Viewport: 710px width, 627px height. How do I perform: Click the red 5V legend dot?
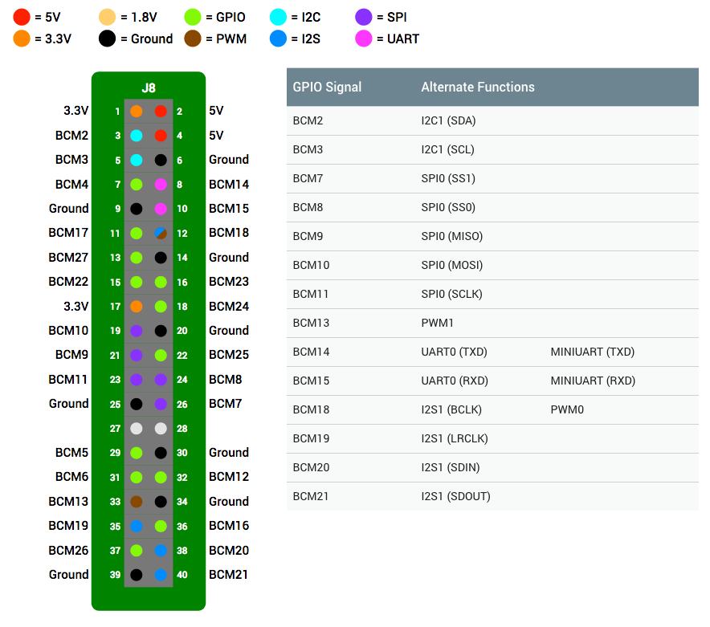pos(21,17)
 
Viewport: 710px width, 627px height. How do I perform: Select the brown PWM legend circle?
pos(193,39)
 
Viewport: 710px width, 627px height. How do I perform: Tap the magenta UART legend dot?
pos(364,39)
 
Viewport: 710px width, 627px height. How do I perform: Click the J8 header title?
pos(149,88)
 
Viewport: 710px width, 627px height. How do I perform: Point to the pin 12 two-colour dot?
pos(161,233)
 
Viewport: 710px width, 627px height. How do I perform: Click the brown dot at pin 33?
pos(137,502)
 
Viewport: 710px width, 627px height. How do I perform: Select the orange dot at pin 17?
pos(137,307)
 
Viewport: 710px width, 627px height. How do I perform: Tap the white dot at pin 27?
pos(137,428)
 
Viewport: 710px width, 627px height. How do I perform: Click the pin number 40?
pos(182,575)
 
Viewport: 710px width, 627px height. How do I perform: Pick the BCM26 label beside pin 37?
pos(68,551)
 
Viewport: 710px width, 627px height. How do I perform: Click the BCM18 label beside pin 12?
pos(229,233)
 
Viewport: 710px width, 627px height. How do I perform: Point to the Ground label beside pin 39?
pos(69,575)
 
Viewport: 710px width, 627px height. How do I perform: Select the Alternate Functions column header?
pos(478,87)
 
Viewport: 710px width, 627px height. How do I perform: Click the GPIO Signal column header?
pos(327,87)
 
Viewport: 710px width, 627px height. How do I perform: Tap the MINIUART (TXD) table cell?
pos(592,352)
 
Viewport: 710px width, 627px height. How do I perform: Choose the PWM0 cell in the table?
pos(567,409)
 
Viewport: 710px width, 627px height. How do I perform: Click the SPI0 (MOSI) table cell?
pos(452,265)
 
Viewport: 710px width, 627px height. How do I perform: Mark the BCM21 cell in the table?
pos(311,497)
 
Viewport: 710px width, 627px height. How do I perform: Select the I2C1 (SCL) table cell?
pos(448,149)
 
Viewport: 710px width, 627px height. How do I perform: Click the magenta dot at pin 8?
pos(161,185)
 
